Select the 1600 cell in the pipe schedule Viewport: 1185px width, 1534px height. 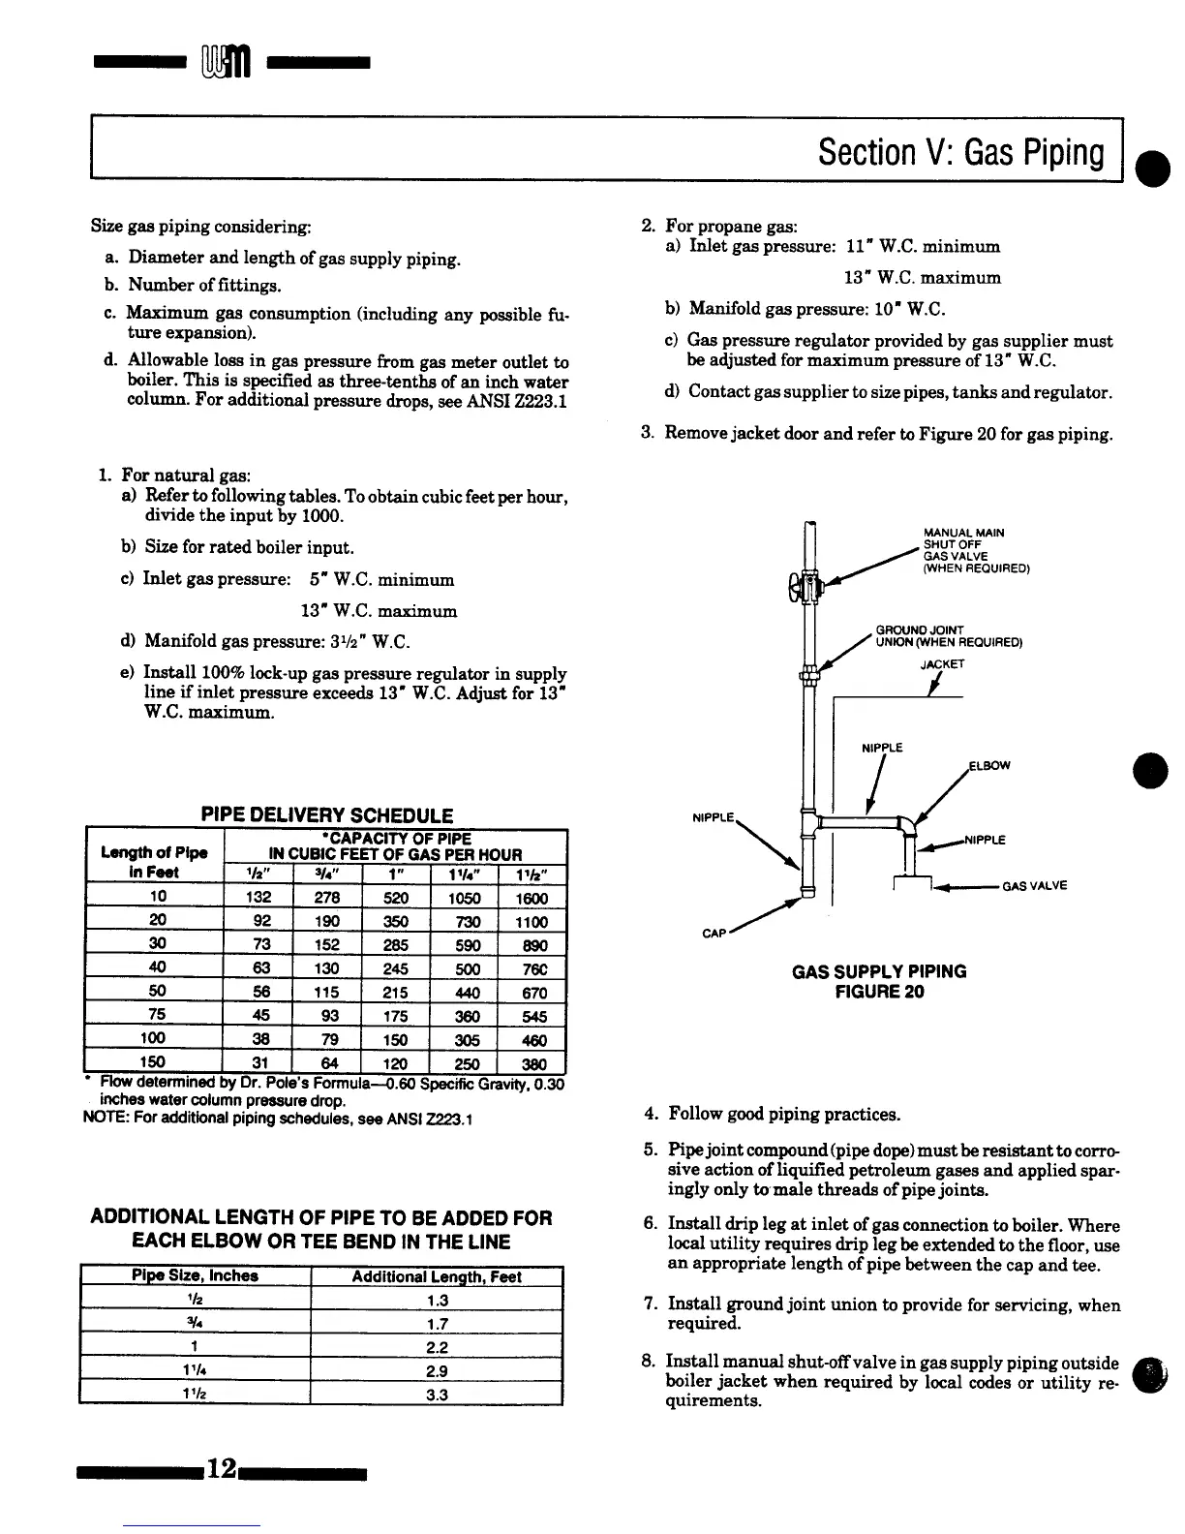pyautogui.click(x=532, y=898)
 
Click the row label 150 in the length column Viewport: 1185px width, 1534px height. pyautogui.click(x=152, y=1062)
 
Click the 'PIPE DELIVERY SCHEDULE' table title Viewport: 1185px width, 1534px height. pyautogui.click(x=326, y=815)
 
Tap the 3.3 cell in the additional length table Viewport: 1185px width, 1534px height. pyautogui.click(x=436, y=1395)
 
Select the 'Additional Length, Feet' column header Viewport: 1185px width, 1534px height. pyautogui.click(x=436, y=1277)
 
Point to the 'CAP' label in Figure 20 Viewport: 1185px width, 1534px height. pyautogui.click(x=714, y=934)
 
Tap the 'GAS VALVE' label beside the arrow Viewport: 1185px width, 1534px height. pyautogui.click(x=1034, y=885)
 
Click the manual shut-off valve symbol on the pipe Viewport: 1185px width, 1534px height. pyautogui.click(x=805, y=586)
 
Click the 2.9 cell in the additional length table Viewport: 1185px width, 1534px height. pyautogui.click(x=436, y=1371)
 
